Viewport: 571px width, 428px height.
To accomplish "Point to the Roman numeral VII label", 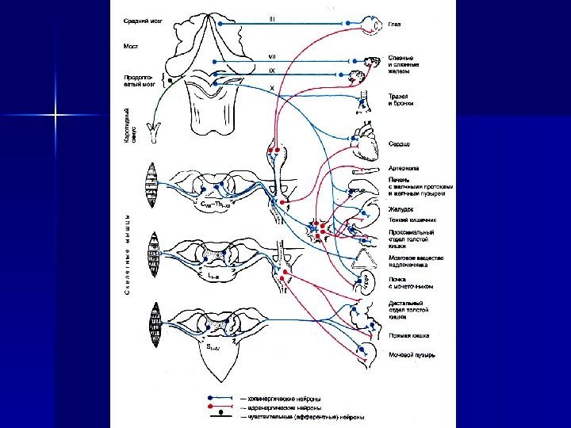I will (x=272, y=57).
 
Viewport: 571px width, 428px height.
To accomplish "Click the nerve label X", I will (x=272, y=88).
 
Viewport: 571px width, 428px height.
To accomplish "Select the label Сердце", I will (x=399, y=145).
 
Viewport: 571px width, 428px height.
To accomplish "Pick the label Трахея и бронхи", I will (x=401, y=99).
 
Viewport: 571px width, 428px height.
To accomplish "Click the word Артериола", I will (x=404, y=168).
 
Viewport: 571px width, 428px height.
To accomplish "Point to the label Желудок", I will (x=401, y=208).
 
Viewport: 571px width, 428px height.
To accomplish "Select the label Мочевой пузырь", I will (x=412, y=355).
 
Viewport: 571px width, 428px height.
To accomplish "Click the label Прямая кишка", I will (x=408, y=335).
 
